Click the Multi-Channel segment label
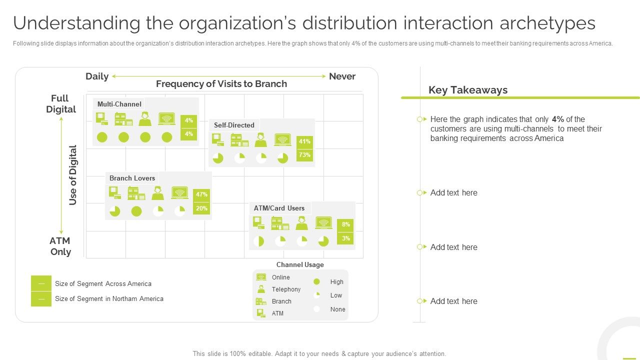pos(119,104)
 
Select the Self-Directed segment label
pos(234,125)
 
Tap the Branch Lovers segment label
pos(132,178)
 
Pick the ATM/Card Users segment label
pos(279,208)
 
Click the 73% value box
pos(304,155)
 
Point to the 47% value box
pos(201,194)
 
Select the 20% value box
pos(201,208)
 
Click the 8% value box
pos(345,225)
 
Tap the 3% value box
pos(345,238)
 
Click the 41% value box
pos(304,141)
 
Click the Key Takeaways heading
pos(467,90)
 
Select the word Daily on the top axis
pos(97,76)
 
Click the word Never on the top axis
pos(342,76)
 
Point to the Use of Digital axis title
pos(73,175)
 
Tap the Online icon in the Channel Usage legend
pos(261,277)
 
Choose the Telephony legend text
pos(286,289)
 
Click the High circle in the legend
pos(316,282)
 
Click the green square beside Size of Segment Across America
pos(41,283)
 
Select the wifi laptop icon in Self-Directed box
pos(282,139)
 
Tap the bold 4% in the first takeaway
pos(558,119)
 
